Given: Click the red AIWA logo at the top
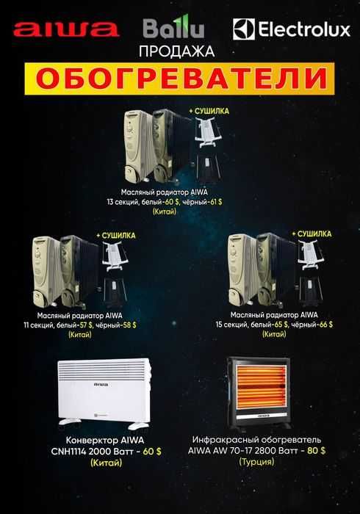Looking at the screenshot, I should coord(66,29).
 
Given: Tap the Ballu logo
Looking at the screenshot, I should coord(173,29).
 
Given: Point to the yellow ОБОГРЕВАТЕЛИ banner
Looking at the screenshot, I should coord(180,78).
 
